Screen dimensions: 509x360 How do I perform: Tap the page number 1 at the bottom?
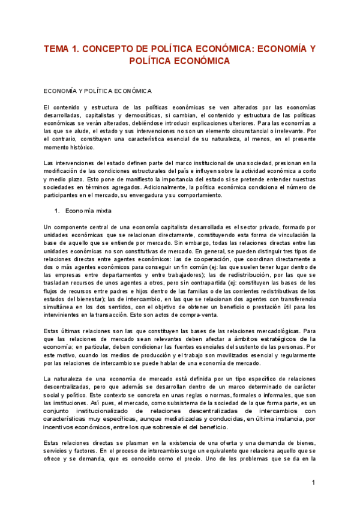pos(313,483)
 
